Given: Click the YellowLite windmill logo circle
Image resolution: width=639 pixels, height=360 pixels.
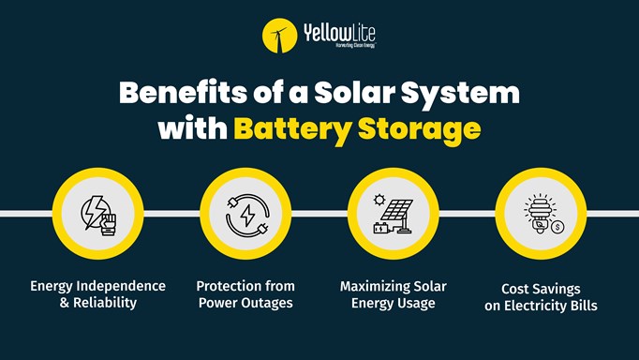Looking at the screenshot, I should coord(279,37).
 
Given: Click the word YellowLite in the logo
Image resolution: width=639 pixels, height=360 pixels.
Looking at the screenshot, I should coord(339,34).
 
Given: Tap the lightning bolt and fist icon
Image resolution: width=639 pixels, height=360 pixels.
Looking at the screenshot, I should coord(98,215).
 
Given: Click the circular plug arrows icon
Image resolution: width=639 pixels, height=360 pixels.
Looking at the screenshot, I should coord(246,215).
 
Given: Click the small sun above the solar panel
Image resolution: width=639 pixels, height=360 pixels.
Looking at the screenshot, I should coord(379,200).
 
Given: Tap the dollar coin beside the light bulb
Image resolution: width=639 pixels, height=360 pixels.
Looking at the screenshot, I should coord(557,227).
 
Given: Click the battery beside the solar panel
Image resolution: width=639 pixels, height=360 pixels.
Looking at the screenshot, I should coord(381,227).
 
